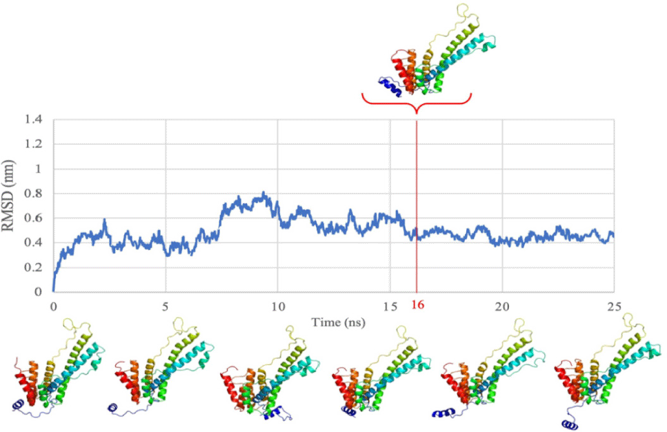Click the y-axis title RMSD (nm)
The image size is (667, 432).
pyautogui.click(x=14, y=205)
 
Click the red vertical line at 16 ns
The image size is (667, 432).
pyautogui.click(x=417, y=207)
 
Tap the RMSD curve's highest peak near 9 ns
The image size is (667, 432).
pyautogui.click(x=263, y=193)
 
